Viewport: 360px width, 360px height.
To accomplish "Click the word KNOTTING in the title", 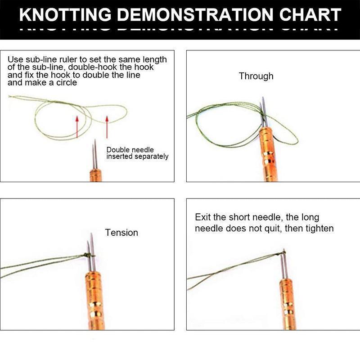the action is point(65,14).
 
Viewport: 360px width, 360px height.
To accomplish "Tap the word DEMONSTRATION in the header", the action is point(195,14).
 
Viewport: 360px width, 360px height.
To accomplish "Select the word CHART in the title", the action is point(310,14).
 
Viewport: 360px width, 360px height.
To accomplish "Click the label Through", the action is point(256,76).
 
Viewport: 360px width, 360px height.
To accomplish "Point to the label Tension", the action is point(121,233).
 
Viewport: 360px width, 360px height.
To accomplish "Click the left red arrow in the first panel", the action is point(77,127).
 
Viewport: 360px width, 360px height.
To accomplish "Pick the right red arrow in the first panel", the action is point(107,127).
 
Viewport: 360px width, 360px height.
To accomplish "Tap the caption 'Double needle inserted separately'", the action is point(137,153).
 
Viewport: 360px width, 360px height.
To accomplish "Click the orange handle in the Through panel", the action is point(268,154).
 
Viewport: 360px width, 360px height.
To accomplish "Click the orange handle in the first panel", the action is point(95,175).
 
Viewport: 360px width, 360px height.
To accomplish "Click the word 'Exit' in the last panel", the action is point(202,217).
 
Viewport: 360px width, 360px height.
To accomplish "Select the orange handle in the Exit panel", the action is point(288,304).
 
